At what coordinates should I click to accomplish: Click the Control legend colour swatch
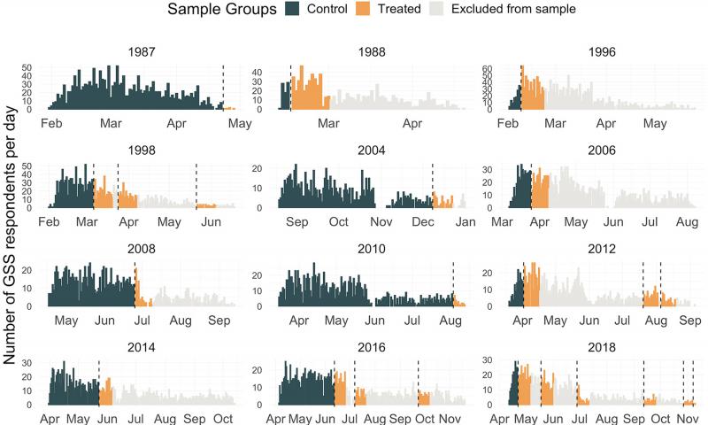pyautogui.click(x=293, y=10)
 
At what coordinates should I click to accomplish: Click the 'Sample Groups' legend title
pyautogui.click(x=221, y=10)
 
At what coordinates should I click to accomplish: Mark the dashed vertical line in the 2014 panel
pyautogui.click(x=99, y=381)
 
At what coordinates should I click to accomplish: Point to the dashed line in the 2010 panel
pyautogui.click(x=452, y=283)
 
